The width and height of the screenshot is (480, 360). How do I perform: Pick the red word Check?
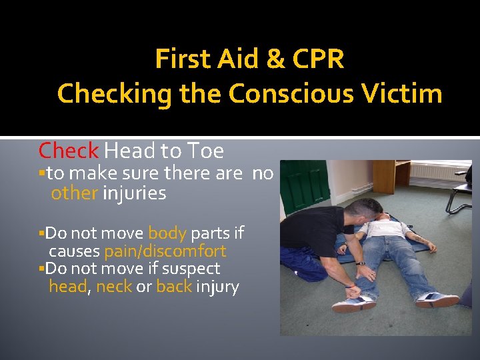click(69, 151)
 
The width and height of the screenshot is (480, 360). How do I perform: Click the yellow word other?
click(74, 193)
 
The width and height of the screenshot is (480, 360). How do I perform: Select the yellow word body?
click(167, 233)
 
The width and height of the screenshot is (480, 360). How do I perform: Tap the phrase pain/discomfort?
click(165, 251)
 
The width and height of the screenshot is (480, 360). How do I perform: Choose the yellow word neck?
click(113, 287)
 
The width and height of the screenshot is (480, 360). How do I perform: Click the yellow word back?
click(174, 287)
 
